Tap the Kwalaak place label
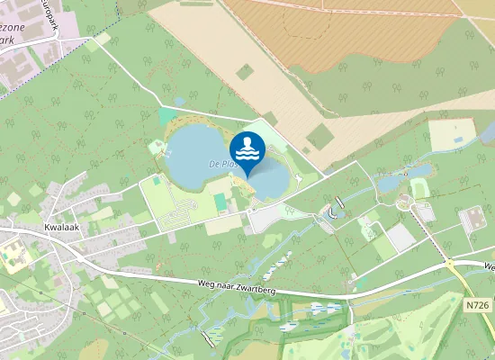pyautogui.click(x=57, y=229)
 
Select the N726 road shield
pyautogui.click(x=479, y=306)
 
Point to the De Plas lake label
pyautogui.click(x=221, y=165)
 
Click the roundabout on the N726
pyautogui.click(x=449, y=263)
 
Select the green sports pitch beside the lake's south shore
pyautogui.click(x=220, y=200)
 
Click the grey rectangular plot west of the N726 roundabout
pyautogui.click(x=400, y=238)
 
